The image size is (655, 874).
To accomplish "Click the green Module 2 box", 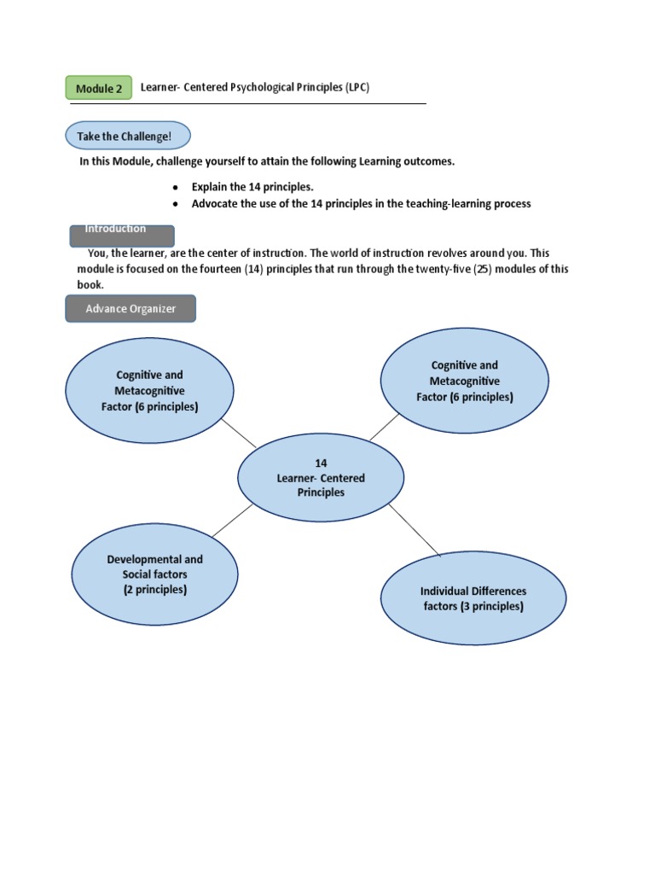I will (x=99, y=88).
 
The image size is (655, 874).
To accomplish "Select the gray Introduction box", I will (x=121, y=236).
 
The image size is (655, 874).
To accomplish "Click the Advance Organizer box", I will (x=130, y=309).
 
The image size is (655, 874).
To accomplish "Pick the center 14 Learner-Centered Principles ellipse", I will (x=321, y=478).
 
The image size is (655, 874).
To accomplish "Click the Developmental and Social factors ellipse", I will (x=154, y=574).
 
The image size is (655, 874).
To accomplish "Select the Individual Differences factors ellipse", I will (x=472, y=599).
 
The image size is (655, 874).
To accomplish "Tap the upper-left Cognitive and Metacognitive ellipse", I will (x=149, y=392).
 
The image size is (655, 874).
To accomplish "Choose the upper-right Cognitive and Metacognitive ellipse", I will (x=464, y=382).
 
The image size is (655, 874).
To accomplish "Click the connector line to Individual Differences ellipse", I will (x=414, y=529).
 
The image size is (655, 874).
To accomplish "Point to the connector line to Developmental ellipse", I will (x=232, y=520).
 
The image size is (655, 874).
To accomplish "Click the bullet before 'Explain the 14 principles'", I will (x=175, y=187).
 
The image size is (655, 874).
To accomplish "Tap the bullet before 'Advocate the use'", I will (x=175, y=204).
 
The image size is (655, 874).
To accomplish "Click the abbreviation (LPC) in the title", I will (x=357, y=87).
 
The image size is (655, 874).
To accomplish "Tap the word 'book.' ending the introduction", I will (x=90, y=285).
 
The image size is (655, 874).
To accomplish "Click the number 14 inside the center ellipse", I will (x=321, y=463).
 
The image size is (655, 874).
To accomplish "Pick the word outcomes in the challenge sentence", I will (x=427, y=161).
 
